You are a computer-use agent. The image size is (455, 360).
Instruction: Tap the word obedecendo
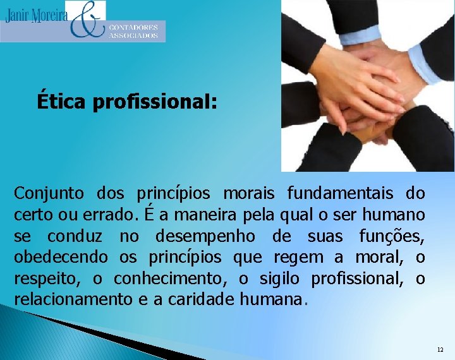61,258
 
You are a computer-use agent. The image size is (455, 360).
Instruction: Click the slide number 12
440,349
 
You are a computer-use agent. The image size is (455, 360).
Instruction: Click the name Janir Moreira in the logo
36,15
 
